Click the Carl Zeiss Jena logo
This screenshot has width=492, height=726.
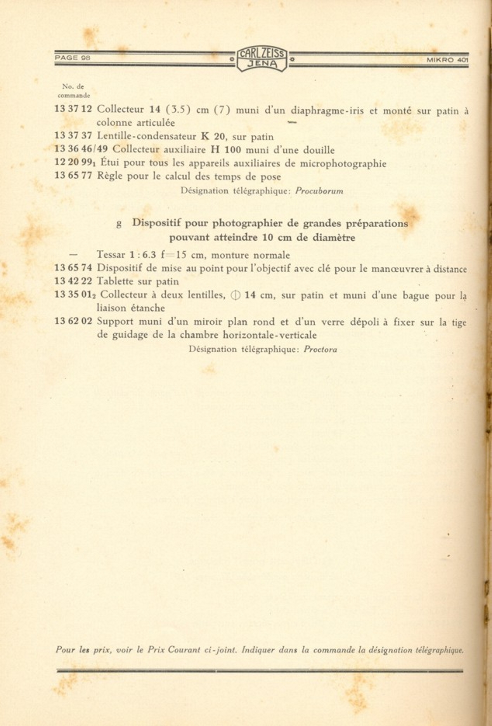click(x=262, y=59)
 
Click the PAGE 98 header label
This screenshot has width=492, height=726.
click(x=73, y=57)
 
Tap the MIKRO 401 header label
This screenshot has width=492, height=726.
click(x=447, y=60)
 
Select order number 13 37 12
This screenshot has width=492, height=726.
click(x=73, y=109)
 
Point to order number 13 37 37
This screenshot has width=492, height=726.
click(x=73, y=135)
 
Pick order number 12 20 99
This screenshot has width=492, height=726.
click(x=74, y=162)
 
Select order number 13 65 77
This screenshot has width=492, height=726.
click(x=73, y=175)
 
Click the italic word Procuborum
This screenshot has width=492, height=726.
click(x=319, y=191)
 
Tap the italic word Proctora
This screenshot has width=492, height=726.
click(x=320, y=349)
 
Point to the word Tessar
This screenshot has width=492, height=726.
click(x=111, y=255)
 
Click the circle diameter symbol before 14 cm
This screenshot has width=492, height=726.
click(x=235, y=295)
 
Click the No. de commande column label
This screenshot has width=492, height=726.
click(x=73, y=91)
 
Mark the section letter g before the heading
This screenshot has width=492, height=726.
click(x=119, y=224)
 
